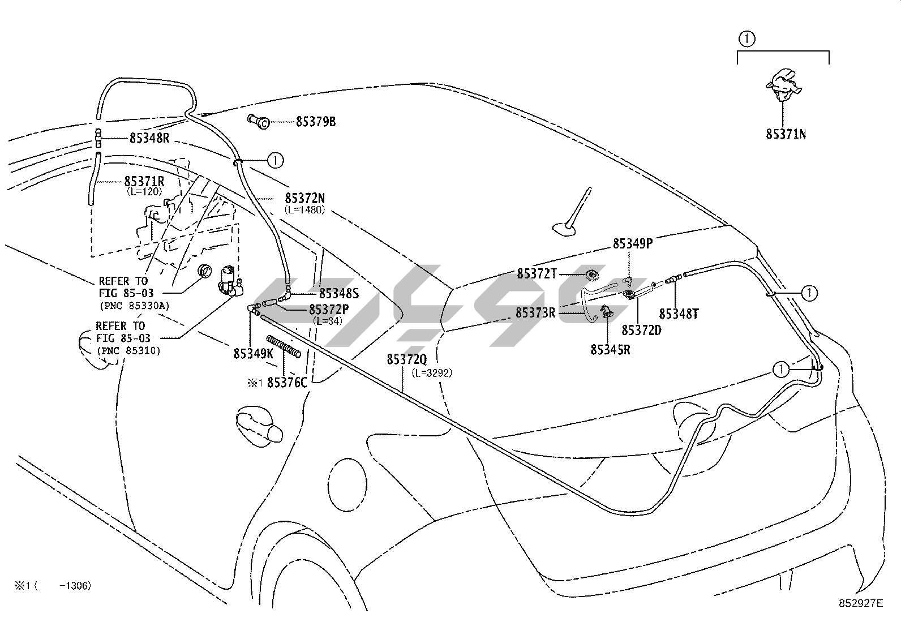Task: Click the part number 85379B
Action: click(x=316, y=122)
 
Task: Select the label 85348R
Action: click(x=149, y=138)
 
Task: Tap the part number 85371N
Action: click(x=786, y=134)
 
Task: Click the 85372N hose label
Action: click(x=305, y=198)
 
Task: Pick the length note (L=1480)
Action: click(x=304, y=209)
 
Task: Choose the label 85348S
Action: click(x=339, y=294)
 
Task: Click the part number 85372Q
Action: click(x=407, y=359)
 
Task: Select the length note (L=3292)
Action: click(x=432, y=373)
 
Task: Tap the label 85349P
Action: click(x=633, y=243)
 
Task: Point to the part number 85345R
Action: click(x=610, y=350)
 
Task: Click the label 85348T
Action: click(x=679, y=314)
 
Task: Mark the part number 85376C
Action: click(x=287, y=383)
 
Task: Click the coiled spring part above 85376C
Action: click(x=283, y=346)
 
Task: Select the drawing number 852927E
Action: click(x=861, y=603)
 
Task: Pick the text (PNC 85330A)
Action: click(x=134, y=306)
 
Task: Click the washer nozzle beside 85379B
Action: click(x=258, y=121)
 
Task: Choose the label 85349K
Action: click(x=254, y=354)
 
